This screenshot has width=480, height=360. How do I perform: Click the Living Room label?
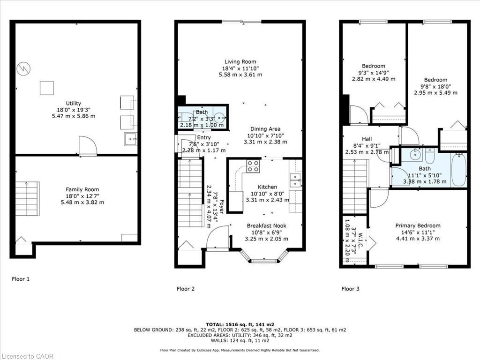click(240, 62)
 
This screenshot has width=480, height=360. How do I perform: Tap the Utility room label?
click(73, 103)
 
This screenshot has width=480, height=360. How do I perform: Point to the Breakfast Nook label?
click(266, 225)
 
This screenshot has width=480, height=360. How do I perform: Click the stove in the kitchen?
click(253, 166)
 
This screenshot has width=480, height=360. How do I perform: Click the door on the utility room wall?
click(88, 146)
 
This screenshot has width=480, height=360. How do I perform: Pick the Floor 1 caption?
click(21, 279)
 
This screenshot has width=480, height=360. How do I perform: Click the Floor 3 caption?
click(350, 289)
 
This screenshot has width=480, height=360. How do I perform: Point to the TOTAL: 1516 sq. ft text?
click(240, 324)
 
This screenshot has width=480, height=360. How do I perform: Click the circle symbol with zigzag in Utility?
click(23, 69)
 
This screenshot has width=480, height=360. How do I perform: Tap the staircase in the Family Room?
click(27, 199)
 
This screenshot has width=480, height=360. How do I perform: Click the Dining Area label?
click(265, 129)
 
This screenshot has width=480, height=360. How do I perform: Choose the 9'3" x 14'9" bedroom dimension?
click(374, 73)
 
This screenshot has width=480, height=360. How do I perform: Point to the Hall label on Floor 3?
click(367, 139)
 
